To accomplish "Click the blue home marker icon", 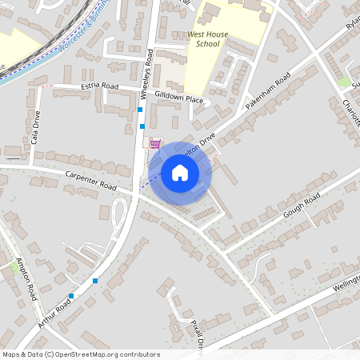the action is click(x=180, y=173).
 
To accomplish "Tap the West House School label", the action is click(x=203, y=40).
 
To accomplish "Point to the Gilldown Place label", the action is click(x=180, y=98).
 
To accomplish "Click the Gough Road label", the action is click(x=301, y=206).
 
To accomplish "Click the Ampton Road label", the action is click(x=26, y=280).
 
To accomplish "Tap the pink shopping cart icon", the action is click(x=154, y=144).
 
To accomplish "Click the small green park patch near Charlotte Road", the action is click(x=344, y=82).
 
